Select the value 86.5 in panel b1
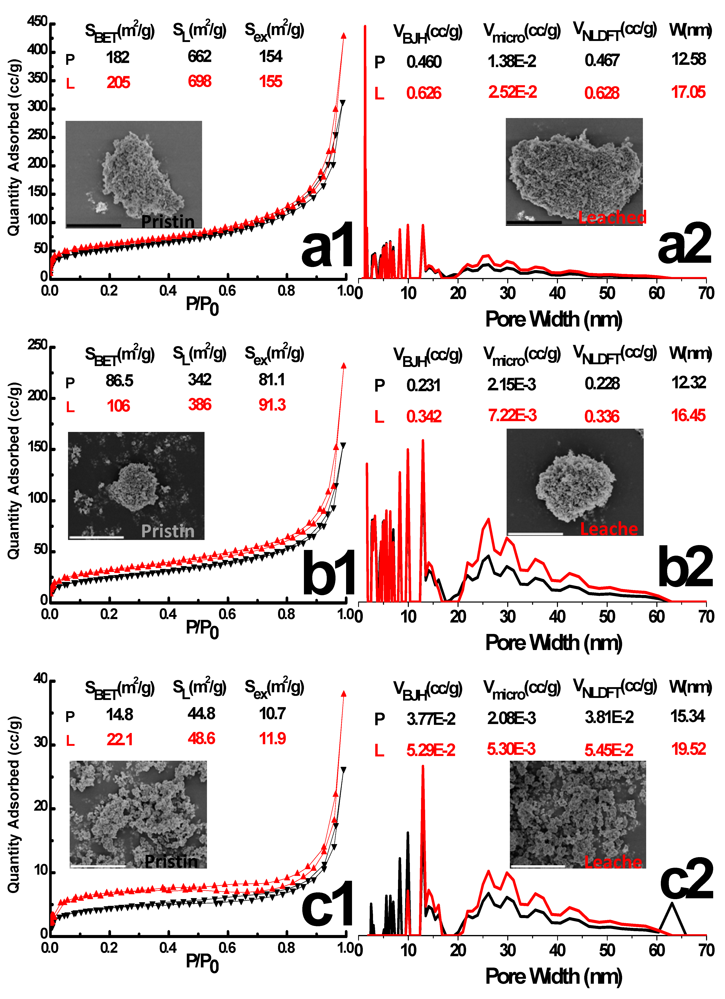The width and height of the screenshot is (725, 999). coord(119,381)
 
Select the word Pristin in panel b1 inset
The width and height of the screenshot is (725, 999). coord(168,531)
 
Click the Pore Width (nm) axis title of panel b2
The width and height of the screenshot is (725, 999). coord(553,643)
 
